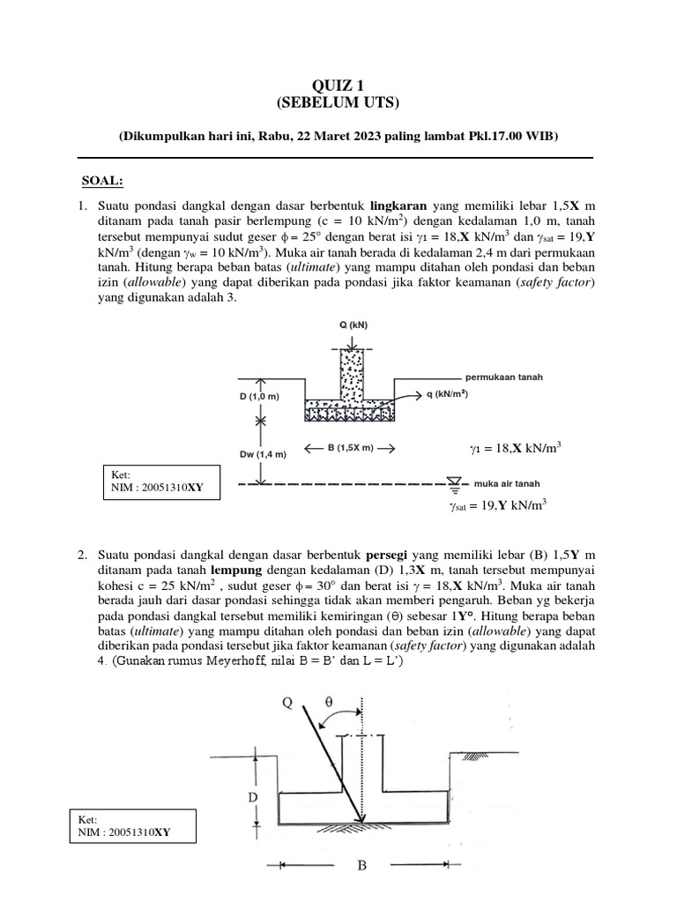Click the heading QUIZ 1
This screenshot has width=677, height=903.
338,86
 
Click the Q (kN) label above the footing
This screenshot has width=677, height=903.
352,326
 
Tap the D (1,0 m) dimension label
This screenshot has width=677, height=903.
259,396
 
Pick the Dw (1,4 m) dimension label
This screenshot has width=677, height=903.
262,455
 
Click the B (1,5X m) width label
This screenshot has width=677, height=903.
349,448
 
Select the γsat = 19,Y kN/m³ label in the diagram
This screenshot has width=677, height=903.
498,505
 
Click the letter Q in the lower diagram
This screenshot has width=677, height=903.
287,703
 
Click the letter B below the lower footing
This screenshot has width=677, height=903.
361,866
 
